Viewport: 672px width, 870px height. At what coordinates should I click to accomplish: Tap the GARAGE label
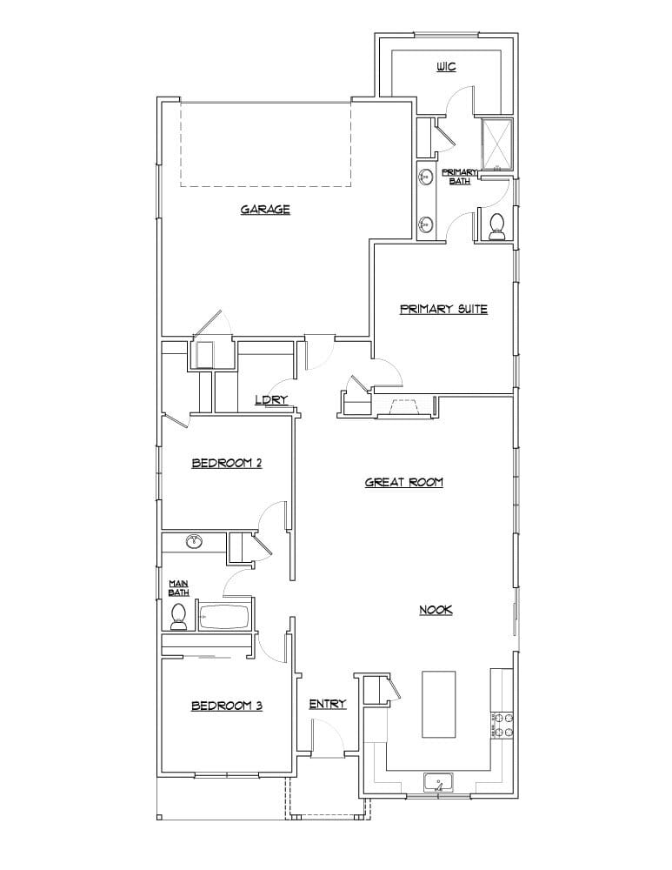(x=265, y=210)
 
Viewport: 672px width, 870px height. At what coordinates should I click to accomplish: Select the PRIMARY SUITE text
(x=442, y=309)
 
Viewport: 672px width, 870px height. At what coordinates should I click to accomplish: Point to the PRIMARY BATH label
(x=459, y=177)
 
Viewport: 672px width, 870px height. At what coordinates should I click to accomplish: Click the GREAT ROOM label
(x=403, y=482)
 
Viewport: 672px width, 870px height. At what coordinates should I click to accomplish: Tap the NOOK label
(x=436, y=610)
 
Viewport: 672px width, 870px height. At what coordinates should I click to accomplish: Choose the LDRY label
(x=270, y=400)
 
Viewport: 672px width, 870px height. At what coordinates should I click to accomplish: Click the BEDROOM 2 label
(x=227, y=464)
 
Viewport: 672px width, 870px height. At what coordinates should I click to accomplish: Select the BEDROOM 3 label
(x=227, y=706)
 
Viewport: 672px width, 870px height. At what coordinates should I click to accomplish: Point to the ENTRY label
(x=328, y=704)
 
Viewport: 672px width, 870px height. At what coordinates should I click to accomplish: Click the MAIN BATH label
(x=178, y=588)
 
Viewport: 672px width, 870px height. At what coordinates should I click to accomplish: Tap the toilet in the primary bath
(x=497, y=226)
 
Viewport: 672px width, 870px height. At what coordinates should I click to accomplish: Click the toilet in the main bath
(x=179, y=616)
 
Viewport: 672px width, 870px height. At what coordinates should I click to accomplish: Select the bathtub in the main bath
(x=224, y=617)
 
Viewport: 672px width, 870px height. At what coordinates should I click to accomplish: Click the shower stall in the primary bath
(x=497, y=142)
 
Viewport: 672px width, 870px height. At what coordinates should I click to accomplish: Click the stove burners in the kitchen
(x=502, y=725)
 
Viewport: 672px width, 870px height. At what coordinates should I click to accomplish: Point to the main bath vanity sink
(x=193, y=543)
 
